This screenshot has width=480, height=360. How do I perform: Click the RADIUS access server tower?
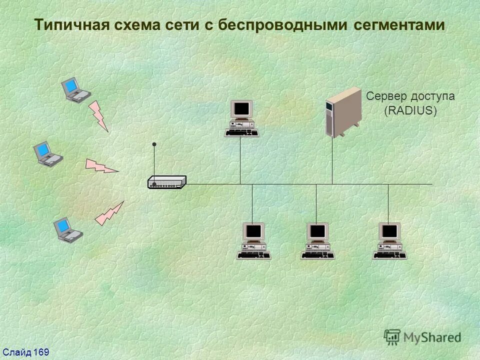[x=343, y=112]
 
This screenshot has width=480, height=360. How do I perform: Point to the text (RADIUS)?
[x=410, y=110]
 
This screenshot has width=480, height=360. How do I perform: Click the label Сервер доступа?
[x=410, y=96]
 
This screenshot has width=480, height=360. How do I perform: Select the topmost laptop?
[x=75, y=90]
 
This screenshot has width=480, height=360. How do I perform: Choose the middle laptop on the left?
[x=47, y=153]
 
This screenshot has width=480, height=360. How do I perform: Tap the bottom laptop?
[x=68, y=229]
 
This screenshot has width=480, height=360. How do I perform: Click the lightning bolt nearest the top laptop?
[x=98, y=116]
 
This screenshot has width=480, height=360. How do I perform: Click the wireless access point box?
[x=167, y=182]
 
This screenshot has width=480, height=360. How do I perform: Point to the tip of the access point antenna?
[x=154, y=144]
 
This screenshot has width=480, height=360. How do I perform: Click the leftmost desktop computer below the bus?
[x=253, y=241]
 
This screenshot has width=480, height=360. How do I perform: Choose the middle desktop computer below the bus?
[x=317, y=241]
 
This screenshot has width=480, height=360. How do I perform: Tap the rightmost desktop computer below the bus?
[x=389, y=241]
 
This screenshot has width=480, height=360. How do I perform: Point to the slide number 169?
[x=41, y=352]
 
